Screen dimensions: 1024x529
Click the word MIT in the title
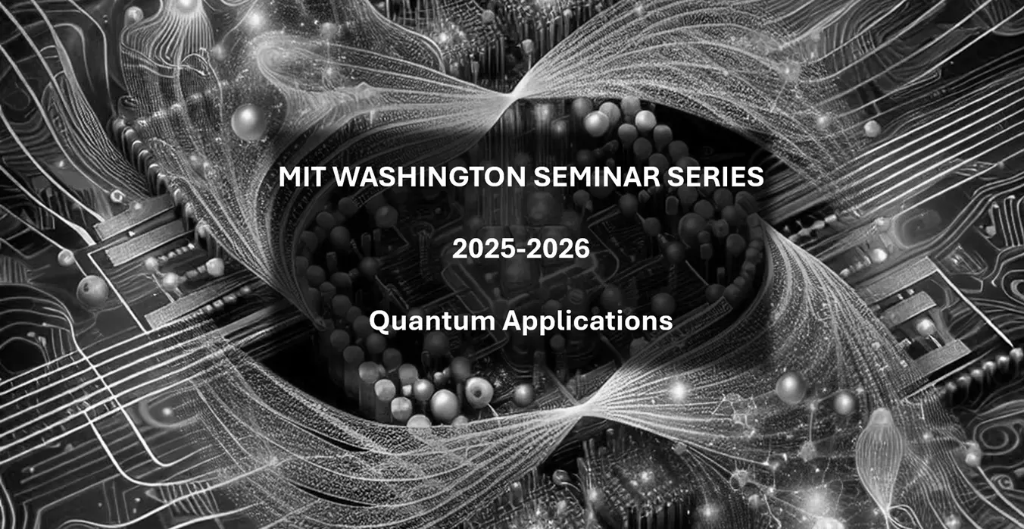click(302, 177)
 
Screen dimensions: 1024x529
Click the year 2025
click(486, 249)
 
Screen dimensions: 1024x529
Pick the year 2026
click(557, 249)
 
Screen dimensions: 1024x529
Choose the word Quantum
click(432, 321)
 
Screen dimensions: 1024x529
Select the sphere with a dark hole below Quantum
click(478, 391)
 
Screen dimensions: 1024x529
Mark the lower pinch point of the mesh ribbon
click(581, 405)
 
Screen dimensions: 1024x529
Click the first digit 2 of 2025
click(460, 249)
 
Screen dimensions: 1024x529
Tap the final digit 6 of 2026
click(582, 249)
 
